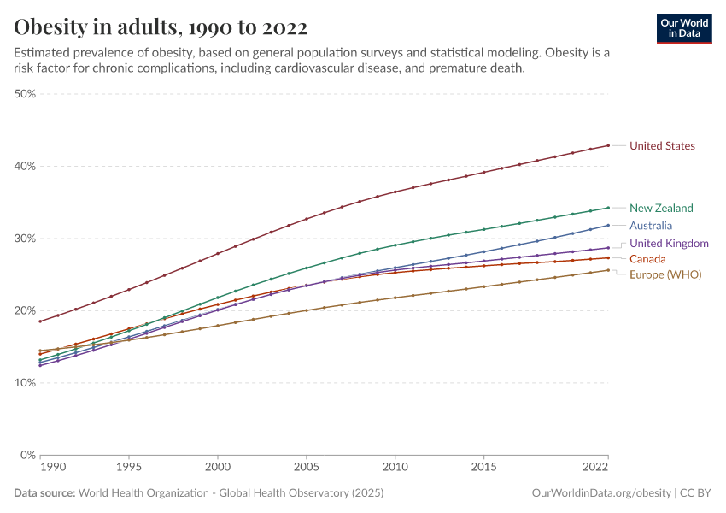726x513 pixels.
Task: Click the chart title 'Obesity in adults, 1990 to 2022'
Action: click(x=161, y=27)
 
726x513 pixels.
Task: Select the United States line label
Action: click(x=662, y=146)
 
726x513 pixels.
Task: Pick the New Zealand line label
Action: click(x=661, y=208)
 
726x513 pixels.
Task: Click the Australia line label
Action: click(x=651, y=226)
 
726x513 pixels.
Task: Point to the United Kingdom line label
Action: click(x=669, y=244)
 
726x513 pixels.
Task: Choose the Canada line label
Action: click(x=648, y=258)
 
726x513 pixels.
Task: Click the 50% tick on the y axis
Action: click(x=25, y=94)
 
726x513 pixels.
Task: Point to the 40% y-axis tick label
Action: click(x=25, y=166)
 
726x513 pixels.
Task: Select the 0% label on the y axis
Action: click(x=28, y=455)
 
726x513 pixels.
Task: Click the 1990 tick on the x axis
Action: click(x=53, y=469)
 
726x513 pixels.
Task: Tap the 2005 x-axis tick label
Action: click(x=307, y=469)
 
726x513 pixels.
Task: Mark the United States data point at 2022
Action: click(x=608, y=145)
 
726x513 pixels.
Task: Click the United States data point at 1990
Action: click(x=40, y=321)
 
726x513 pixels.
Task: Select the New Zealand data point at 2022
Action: click(x=608, y=208)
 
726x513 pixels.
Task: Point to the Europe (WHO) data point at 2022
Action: click(x=608, y=270)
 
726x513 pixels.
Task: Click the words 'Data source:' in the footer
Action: click(x=44, y=493)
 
